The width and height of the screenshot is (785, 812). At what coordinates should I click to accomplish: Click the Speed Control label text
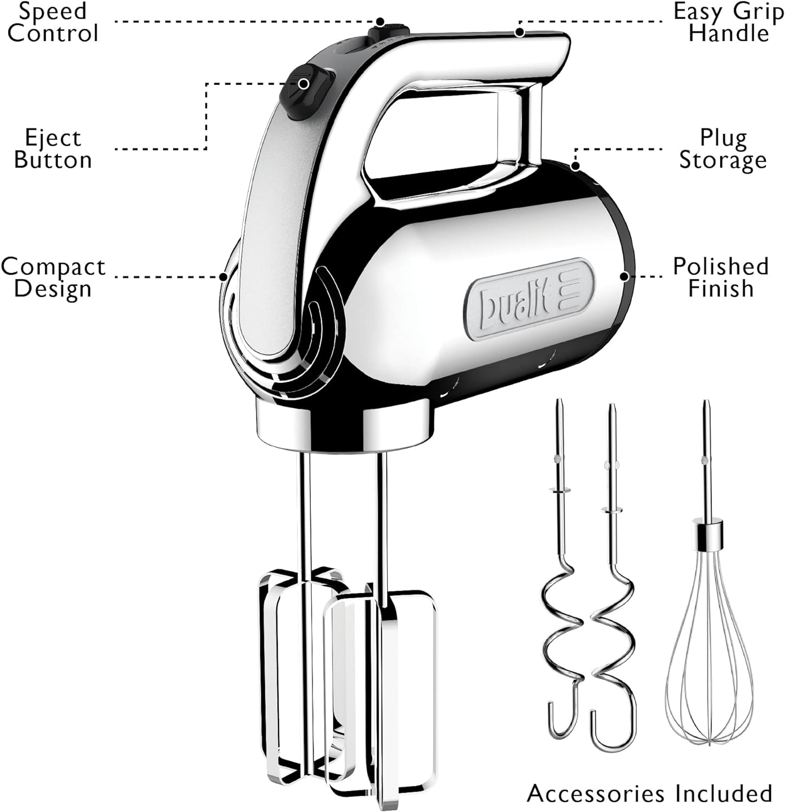[53, 22]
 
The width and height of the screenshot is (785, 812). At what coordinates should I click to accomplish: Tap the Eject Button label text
[53, 149]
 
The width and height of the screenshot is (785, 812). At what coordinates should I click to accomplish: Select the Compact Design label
[53, 277]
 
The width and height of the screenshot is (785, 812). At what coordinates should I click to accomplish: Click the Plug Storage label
[723, 149]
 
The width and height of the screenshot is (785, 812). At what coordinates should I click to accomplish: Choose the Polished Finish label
[721, 277]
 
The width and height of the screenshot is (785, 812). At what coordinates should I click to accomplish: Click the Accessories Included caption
[650, 793]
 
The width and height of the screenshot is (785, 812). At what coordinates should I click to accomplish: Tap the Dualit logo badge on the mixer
[529, 300]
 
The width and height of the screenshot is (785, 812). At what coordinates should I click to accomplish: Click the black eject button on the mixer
[305, 92]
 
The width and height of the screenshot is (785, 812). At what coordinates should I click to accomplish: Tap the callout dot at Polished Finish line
[624, 277]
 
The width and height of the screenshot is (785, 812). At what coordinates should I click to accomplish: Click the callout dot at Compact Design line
[223, 277]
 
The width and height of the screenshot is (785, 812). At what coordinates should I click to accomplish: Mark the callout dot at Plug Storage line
[575, 166]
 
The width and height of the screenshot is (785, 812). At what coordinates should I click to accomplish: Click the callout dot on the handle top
[520, 32]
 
